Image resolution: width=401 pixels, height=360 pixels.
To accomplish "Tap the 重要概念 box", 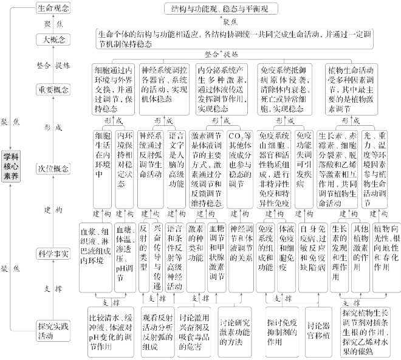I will [53, 89].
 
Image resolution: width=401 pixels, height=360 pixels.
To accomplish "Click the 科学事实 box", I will [53, 252].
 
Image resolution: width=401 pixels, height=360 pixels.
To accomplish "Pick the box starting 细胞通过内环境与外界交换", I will [113, 86].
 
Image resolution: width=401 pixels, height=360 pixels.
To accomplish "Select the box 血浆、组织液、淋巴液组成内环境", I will [95, 244].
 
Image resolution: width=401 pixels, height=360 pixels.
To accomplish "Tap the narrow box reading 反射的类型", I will [143, 244].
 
